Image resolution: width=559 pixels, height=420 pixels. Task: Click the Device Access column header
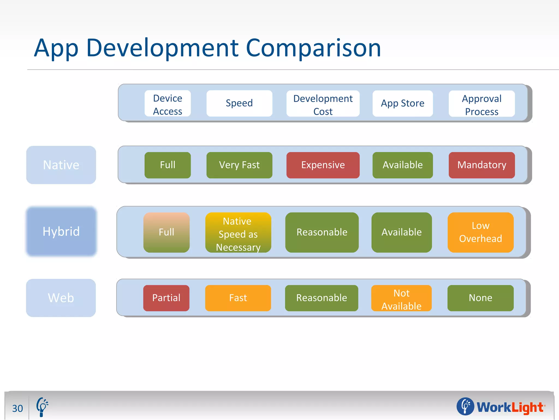pyautogui.click(x=168, y=104)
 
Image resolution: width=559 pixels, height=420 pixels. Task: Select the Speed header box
pyautogui.click(x=239, y=103)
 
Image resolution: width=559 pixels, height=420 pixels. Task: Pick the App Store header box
pyautogui.click(x=403, y=103)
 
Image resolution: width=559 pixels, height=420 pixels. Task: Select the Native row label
pyautogui.click(x=61, y=165)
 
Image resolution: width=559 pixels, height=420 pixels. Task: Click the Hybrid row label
pyautogui.click(x=61, y=231)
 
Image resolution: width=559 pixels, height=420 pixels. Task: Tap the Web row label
pyautogui.click(x=61, y=298)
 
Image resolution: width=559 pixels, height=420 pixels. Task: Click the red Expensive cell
pyautogui.click(x=323, y=165)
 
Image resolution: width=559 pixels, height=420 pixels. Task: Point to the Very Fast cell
pyautogui.click(x=239, y=165)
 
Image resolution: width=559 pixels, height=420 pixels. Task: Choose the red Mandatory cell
pyautogui.click(x=482, y=165)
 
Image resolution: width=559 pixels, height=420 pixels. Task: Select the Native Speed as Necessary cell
pyautogui.click(x=238, y=232)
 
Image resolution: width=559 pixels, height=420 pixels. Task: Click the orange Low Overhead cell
pyautogui.click(x=480, y=232)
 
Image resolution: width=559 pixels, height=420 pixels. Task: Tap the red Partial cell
pyautogui.click(x=166, y=298)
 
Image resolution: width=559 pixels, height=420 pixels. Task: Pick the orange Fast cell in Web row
pyautogui.click(x=238, y=298)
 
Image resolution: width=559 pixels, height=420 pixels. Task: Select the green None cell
pyautogui.click(x=480, y=298)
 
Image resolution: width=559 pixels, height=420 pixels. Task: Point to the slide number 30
pyautogui.click(x=17, y=408)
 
